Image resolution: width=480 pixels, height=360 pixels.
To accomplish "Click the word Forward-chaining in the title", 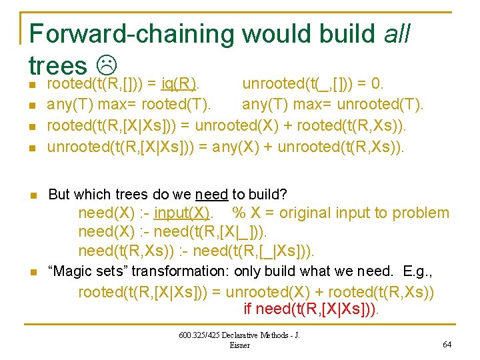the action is coord(131,34).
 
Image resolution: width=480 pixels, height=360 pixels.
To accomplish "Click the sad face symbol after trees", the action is coord(106,65).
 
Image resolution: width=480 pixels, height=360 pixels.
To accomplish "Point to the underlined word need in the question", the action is coord(211,195).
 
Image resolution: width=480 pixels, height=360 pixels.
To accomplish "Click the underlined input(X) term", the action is coord(181,213).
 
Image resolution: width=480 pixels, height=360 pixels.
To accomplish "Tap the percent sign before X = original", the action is coord(238,213).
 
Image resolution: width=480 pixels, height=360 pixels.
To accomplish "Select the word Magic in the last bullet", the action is coord(75,272).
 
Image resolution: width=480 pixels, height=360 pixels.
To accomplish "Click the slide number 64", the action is coord(446,345).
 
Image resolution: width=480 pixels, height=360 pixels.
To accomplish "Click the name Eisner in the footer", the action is coord(239,345).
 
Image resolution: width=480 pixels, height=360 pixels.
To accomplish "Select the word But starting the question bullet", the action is coord(59,195).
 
